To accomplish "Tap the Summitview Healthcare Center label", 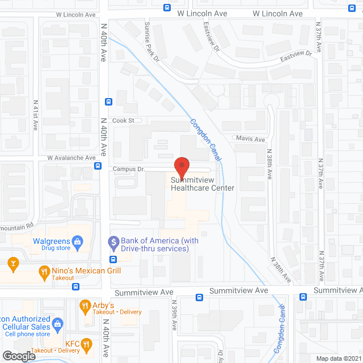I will (202, 184).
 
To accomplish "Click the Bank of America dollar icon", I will (113, 242).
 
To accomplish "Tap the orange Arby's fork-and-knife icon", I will (86, 307).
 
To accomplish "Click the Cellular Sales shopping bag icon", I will (57, 324).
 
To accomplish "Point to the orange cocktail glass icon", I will (12, 263).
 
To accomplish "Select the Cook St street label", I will (123, 121).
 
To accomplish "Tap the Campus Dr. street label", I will (129, 169).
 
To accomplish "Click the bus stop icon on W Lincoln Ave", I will (166, 8).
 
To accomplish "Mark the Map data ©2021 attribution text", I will (338, 358).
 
